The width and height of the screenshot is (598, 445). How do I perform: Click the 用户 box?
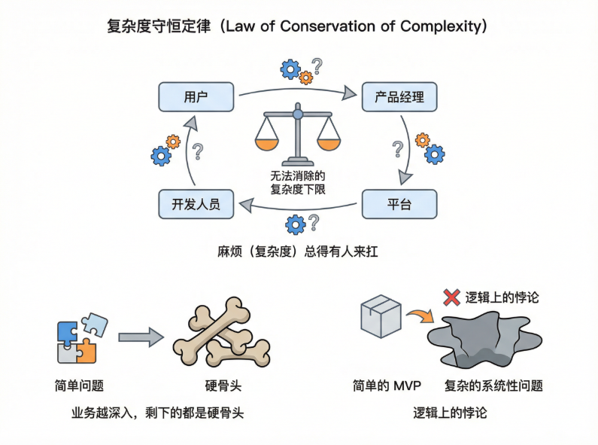click(x=196, y=98)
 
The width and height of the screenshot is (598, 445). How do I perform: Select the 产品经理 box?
click(x=399, y=98)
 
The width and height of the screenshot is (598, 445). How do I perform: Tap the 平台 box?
click(x=399, y=204)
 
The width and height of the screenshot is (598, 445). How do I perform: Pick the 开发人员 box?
click(x=196, y=204)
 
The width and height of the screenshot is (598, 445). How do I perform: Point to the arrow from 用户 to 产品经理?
click(x=297, y=90)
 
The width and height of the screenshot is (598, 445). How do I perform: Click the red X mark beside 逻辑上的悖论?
click(x=451, y=297)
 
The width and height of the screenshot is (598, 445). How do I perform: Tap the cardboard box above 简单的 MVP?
click(x=381, y=317)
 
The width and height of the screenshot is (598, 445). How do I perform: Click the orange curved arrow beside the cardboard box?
click(x=417, y=314)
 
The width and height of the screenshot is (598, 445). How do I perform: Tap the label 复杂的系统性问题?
click(x=493, y=386)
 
